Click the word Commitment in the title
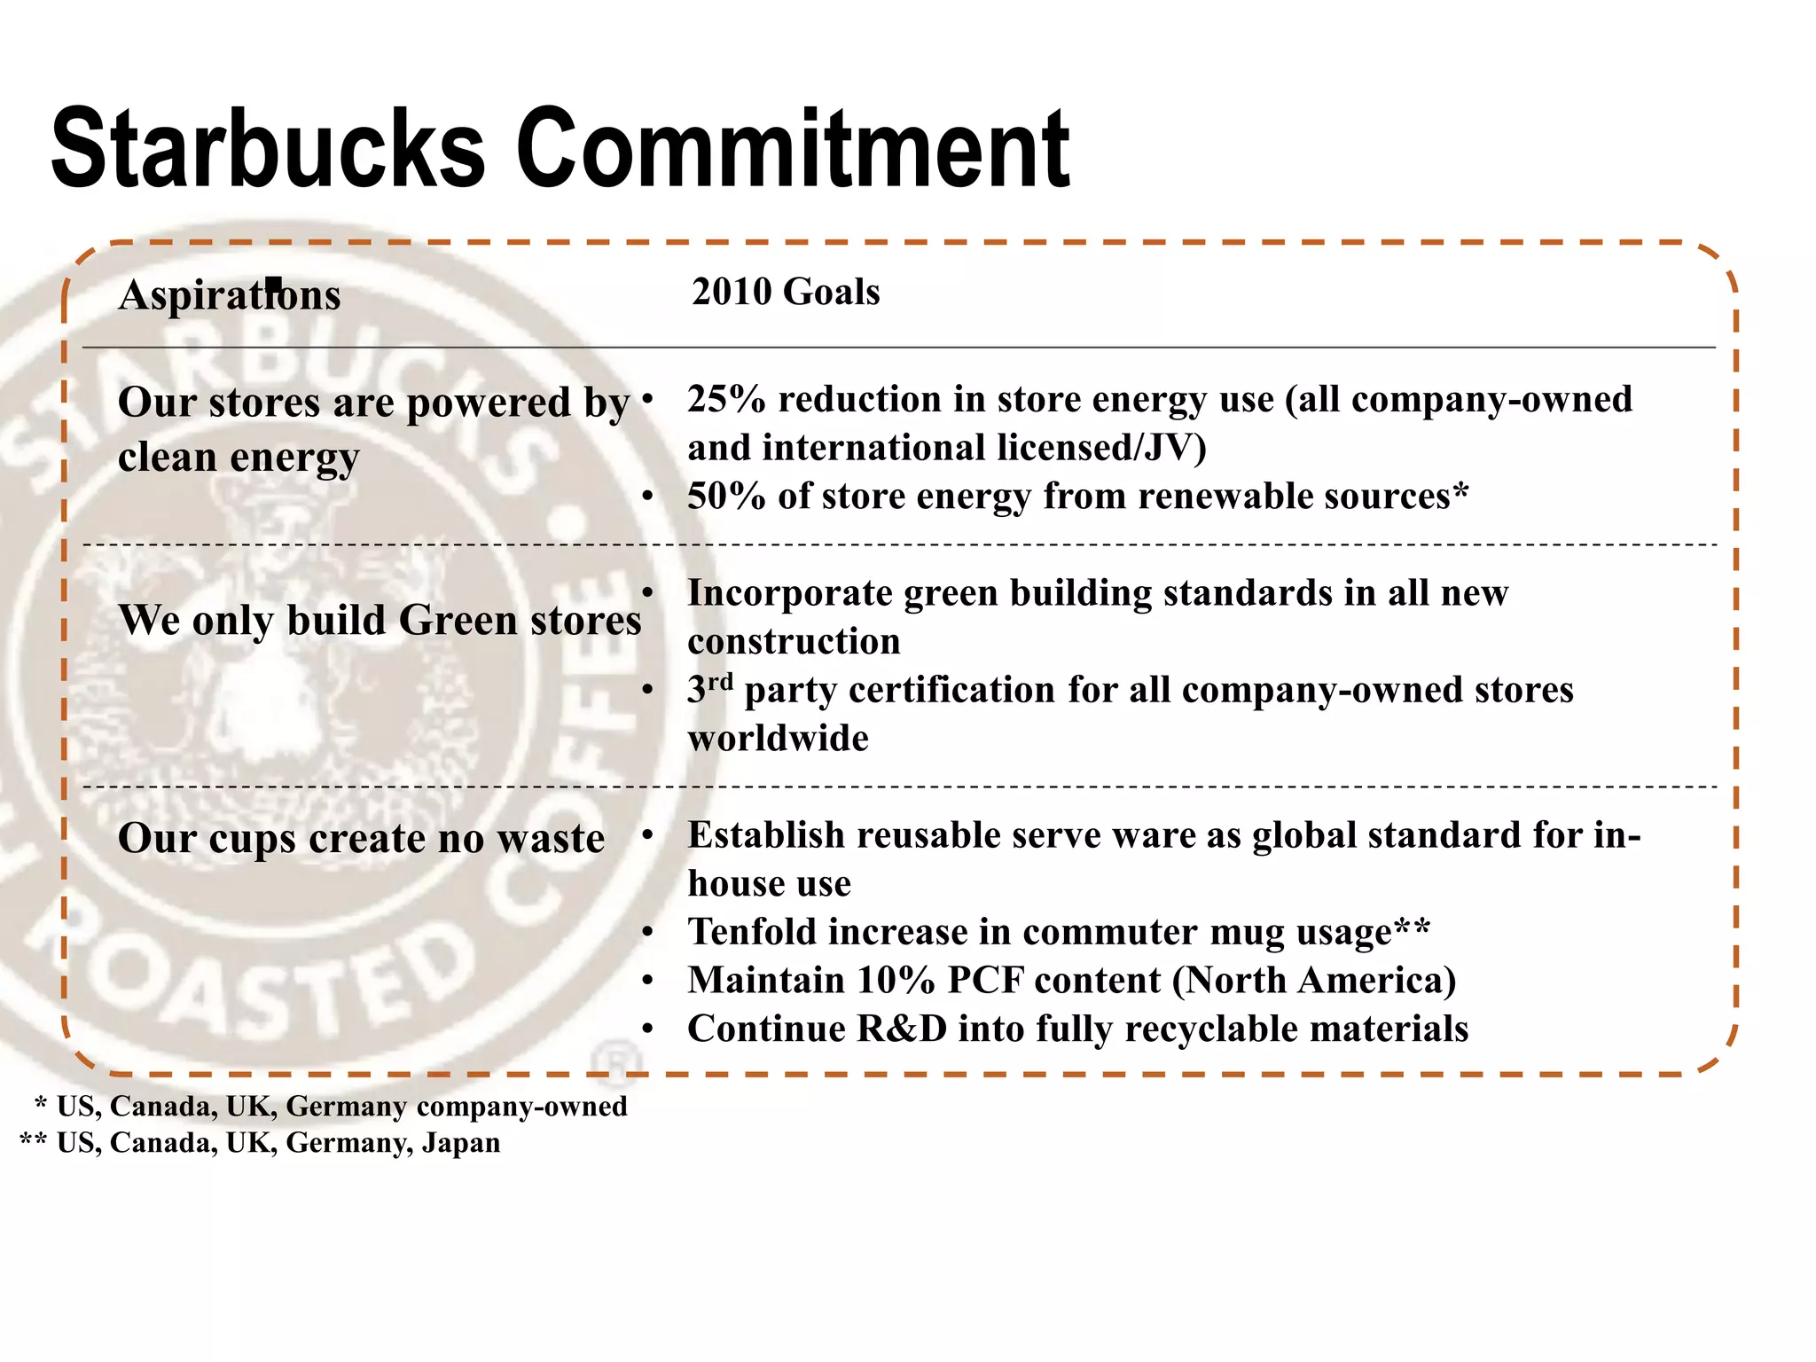point(793,148)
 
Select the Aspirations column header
point(229,294)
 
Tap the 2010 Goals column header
point(786,292)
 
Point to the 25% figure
point(726,400)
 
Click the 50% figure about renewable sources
point(726,497)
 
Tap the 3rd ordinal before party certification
point(709,689)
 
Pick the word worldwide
point(778,739)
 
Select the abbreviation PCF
point(983,981)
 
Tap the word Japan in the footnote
point(460,1143)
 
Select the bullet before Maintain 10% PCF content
point(647,981)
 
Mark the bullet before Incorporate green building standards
point(647,592)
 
